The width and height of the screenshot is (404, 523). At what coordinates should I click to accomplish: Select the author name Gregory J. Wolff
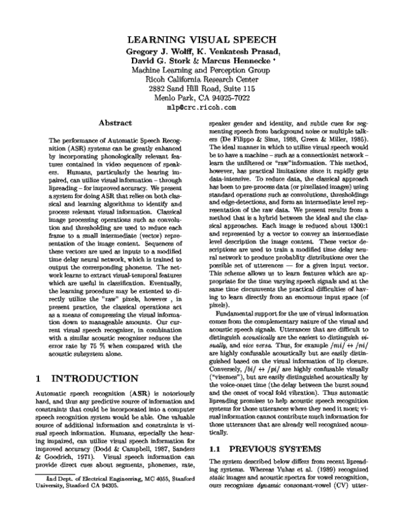click(160, 53)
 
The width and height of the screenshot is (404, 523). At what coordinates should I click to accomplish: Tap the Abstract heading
click(114, 123)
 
